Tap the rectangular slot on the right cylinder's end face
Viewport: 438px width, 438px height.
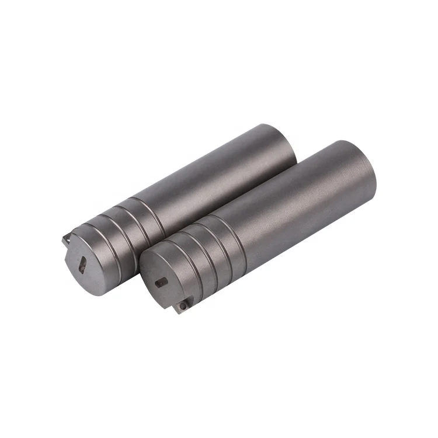pos(161,282)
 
